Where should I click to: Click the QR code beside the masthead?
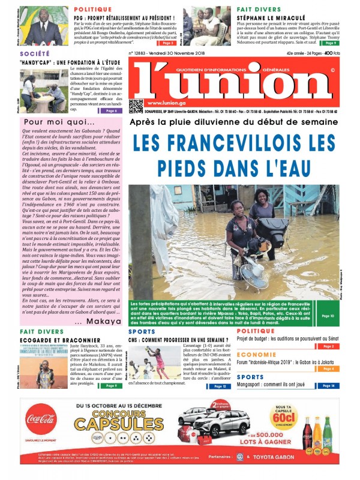tap(136, 105)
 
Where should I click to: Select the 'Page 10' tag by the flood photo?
tap(328, 316)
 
